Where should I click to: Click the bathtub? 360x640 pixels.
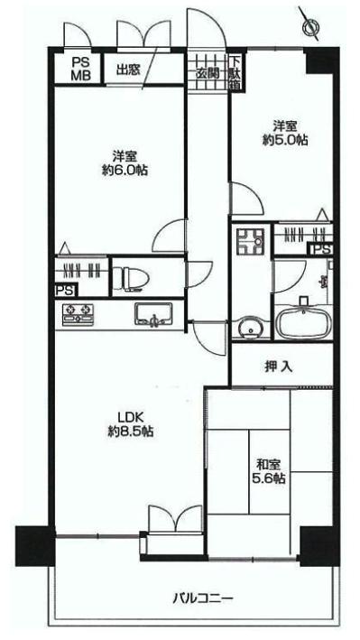302,322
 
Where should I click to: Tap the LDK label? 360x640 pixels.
125,417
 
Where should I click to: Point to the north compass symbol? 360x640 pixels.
311,26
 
